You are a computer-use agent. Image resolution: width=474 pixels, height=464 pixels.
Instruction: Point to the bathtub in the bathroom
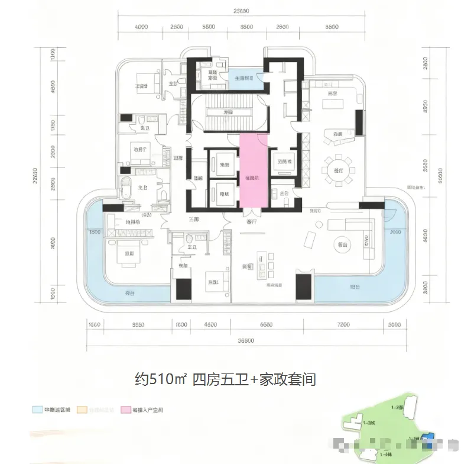[x=125, y=191]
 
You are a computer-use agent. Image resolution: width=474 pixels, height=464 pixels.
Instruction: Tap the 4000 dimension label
[x=141, y=28]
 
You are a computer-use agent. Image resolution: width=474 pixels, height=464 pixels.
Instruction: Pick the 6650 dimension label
[x=267, y=324]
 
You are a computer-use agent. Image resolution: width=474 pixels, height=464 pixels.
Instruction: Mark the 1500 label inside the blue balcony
[x=95, y=233]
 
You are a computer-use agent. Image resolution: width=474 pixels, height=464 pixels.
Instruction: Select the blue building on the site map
[x=431, y=436]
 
